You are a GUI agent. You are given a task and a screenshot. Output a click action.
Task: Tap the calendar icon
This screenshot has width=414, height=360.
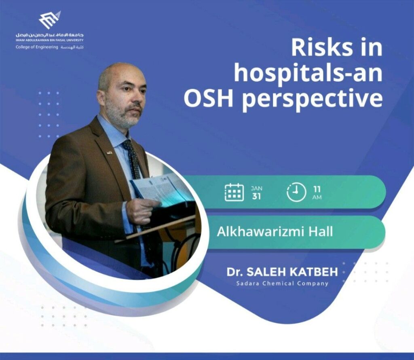click(234, 192)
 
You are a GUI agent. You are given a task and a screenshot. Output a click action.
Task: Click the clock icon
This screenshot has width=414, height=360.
click(296, 192)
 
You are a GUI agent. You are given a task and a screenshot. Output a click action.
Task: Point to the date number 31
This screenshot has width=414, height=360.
click(256, 196)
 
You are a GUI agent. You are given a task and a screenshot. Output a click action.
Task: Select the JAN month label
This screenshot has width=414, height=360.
click(256, 188)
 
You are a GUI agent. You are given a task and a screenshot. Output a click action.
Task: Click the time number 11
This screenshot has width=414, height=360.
click(317, 189)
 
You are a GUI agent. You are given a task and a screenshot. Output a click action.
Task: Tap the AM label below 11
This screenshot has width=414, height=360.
click(317, 197)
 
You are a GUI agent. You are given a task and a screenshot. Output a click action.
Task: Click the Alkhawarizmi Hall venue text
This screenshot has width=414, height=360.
click(275, 232)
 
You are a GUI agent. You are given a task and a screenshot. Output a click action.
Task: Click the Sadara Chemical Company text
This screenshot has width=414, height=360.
click(282, 284)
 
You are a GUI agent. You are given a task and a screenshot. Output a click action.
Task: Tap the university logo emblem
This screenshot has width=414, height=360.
click(50, 20)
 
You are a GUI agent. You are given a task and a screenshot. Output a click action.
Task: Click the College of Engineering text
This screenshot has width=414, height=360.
click(37, 47)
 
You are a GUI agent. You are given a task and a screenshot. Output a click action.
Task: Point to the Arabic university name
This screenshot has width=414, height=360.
click(50, 35)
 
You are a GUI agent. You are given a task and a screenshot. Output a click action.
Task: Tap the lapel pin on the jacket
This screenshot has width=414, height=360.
click(109, 152)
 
